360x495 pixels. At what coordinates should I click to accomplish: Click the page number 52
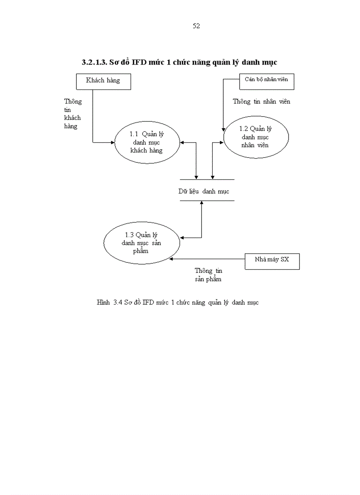point(196,26)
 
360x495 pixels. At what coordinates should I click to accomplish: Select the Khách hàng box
point(103,81)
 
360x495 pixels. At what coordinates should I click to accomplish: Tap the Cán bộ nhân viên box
point(266,80)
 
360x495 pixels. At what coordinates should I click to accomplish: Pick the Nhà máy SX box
point(272,260)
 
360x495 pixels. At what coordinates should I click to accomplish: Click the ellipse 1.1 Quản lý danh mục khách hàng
point(147,143)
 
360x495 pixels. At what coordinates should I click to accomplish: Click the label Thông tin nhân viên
point(261,102)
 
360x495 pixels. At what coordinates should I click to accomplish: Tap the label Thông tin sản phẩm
point(208,275)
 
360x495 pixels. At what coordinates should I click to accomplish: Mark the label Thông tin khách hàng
point(73,114)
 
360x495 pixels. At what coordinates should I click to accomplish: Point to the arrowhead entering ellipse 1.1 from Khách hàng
point(112,142)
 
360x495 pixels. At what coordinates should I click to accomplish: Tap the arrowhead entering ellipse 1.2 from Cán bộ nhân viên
point(223,129)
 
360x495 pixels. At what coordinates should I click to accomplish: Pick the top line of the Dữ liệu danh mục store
point(207,179)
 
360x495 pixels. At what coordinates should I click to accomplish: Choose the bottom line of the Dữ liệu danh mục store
point(207,201)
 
